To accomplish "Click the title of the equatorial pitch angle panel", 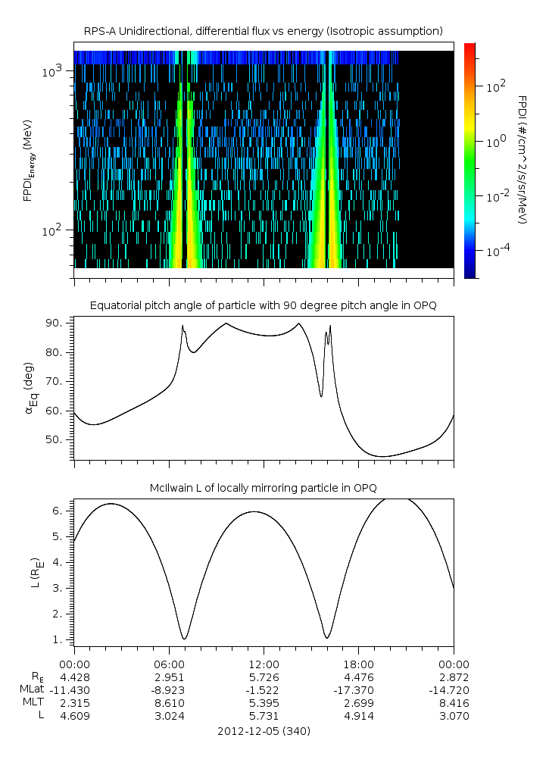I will pos(263,305).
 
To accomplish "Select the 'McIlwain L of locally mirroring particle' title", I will pos(263,487).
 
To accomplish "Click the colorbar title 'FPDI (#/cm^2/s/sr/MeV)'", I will pos(522,160).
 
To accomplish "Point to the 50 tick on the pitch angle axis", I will pos(59,440).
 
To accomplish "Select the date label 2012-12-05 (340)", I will pos(263,731).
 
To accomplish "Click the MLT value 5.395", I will pos(263,702).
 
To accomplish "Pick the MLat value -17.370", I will pos(358,689).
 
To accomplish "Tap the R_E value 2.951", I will pos(168,677).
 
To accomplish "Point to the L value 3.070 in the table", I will pos(453,715).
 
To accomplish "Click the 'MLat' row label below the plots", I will pos(32,689).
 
